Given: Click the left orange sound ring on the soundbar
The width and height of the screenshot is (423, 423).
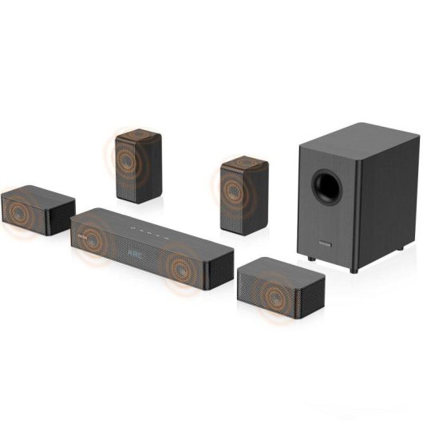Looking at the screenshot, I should [91, 239].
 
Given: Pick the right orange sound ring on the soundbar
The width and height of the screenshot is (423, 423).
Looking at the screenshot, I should [183, 271].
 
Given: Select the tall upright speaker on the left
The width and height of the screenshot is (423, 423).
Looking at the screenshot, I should [138, 165].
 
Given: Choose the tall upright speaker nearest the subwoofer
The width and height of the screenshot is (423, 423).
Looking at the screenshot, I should [244, 194].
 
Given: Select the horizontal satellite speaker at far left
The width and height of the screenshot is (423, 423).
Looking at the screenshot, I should [38, 209].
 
